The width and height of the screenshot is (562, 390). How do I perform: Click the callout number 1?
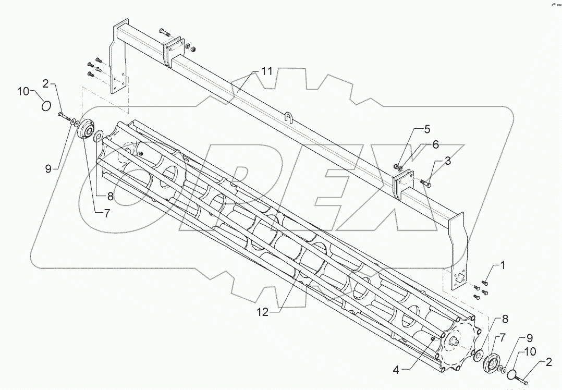[503, 265]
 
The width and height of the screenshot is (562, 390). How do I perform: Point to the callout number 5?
[426, 128]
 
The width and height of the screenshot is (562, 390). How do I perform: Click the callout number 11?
[267, 72]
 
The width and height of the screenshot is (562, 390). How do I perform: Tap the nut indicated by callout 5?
[397, 166]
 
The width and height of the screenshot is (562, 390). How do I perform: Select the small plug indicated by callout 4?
[433, 339]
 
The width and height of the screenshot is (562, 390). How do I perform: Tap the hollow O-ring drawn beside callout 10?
[46, 106]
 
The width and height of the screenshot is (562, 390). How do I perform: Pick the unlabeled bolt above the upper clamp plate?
[165, 32]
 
